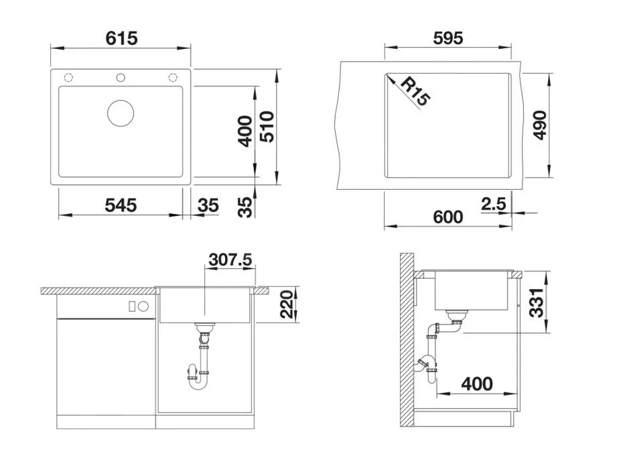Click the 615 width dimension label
click(121, 38)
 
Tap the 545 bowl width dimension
click(121, 205)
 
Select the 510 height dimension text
click(267, 127)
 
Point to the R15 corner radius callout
click(415, 91)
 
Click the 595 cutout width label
click(448, 38)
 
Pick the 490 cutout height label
click(540, 125)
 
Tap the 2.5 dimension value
click(493, 204)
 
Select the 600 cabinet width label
click(448, 217)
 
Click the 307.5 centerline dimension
click(230, 259)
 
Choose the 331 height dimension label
click(537, 302)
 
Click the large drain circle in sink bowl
click(121, 113)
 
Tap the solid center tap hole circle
click(121, 77)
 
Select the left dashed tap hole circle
click(68, 77)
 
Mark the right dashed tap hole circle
click(173, 77)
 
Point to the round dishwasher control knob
click(143, 306)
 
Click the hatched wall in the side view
click(407, 341)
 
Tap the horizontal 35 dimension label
click(208, 205)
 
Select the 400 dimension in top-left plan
click(246, 131)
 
